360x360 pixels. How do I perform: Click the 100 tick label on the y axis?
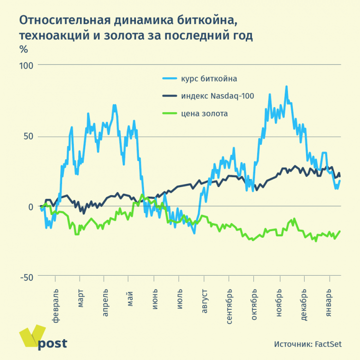[27, 64]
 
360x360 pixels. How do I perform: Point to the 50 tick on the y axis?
[29, 136]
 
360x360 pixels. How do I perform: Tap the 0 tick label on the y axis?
[32, 207]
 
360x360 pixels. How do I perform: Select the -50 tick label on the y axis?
[27, 277]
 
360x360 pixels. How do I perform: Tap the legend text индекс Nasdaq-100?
[217, 96]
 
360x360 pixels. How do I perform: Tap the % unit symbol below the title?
[23, 48]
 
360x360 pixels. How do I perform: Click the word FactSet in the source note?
[328, 344]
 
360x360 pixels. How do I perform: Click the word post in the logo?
[52, 343]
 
